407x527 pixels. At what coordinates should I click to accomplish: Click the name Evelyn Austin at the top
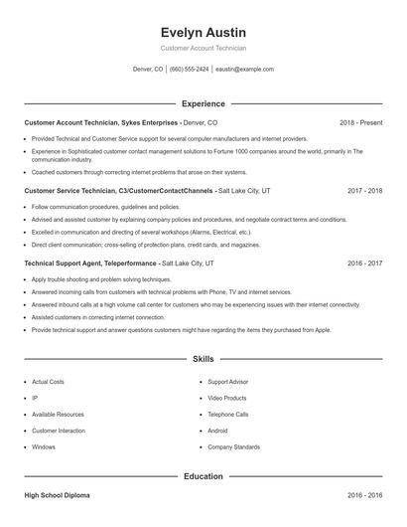coord(203,32)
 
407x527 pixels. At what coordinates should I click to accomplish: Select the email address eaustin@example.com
coord(244,70)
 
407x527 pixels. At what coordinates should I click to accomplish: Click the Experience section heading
coord(203,103)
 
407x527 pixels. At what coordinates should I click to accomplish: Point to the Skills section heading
coord(203,358)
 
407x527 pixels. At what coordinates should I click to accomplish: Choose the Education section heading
coord(203,476)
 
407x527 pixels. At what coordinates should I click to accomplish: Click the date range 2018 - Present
coord(360,122)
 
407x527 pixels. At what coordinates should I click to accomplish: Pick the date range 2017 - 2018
coord(364,189)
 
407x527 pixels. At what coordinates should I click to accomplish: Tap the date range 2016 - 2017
coord(364,263)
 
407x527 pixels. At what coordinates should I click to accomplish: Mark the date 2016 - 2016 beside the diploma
coord(364,494)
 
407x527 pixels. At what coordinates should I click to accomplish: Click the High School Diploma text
coord(59,494)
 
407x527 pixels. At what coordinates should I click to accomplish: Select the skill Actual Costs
coord(48,382)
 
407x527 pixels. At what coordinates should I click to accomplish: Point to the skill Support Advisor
coord(227,382)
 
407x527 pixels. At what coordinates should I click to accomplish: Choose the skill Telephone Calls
coord(228,415)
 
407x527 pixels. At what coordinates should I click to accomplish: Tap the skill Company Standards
coord(233,447)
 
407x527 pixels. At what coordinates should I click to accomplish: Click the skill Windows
coord(44,447)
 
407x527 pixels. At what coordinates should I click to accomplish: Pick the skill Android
coord(217,431)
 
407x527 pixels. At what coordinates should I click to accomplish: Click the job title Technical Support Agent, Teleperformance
coord(91,263)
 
